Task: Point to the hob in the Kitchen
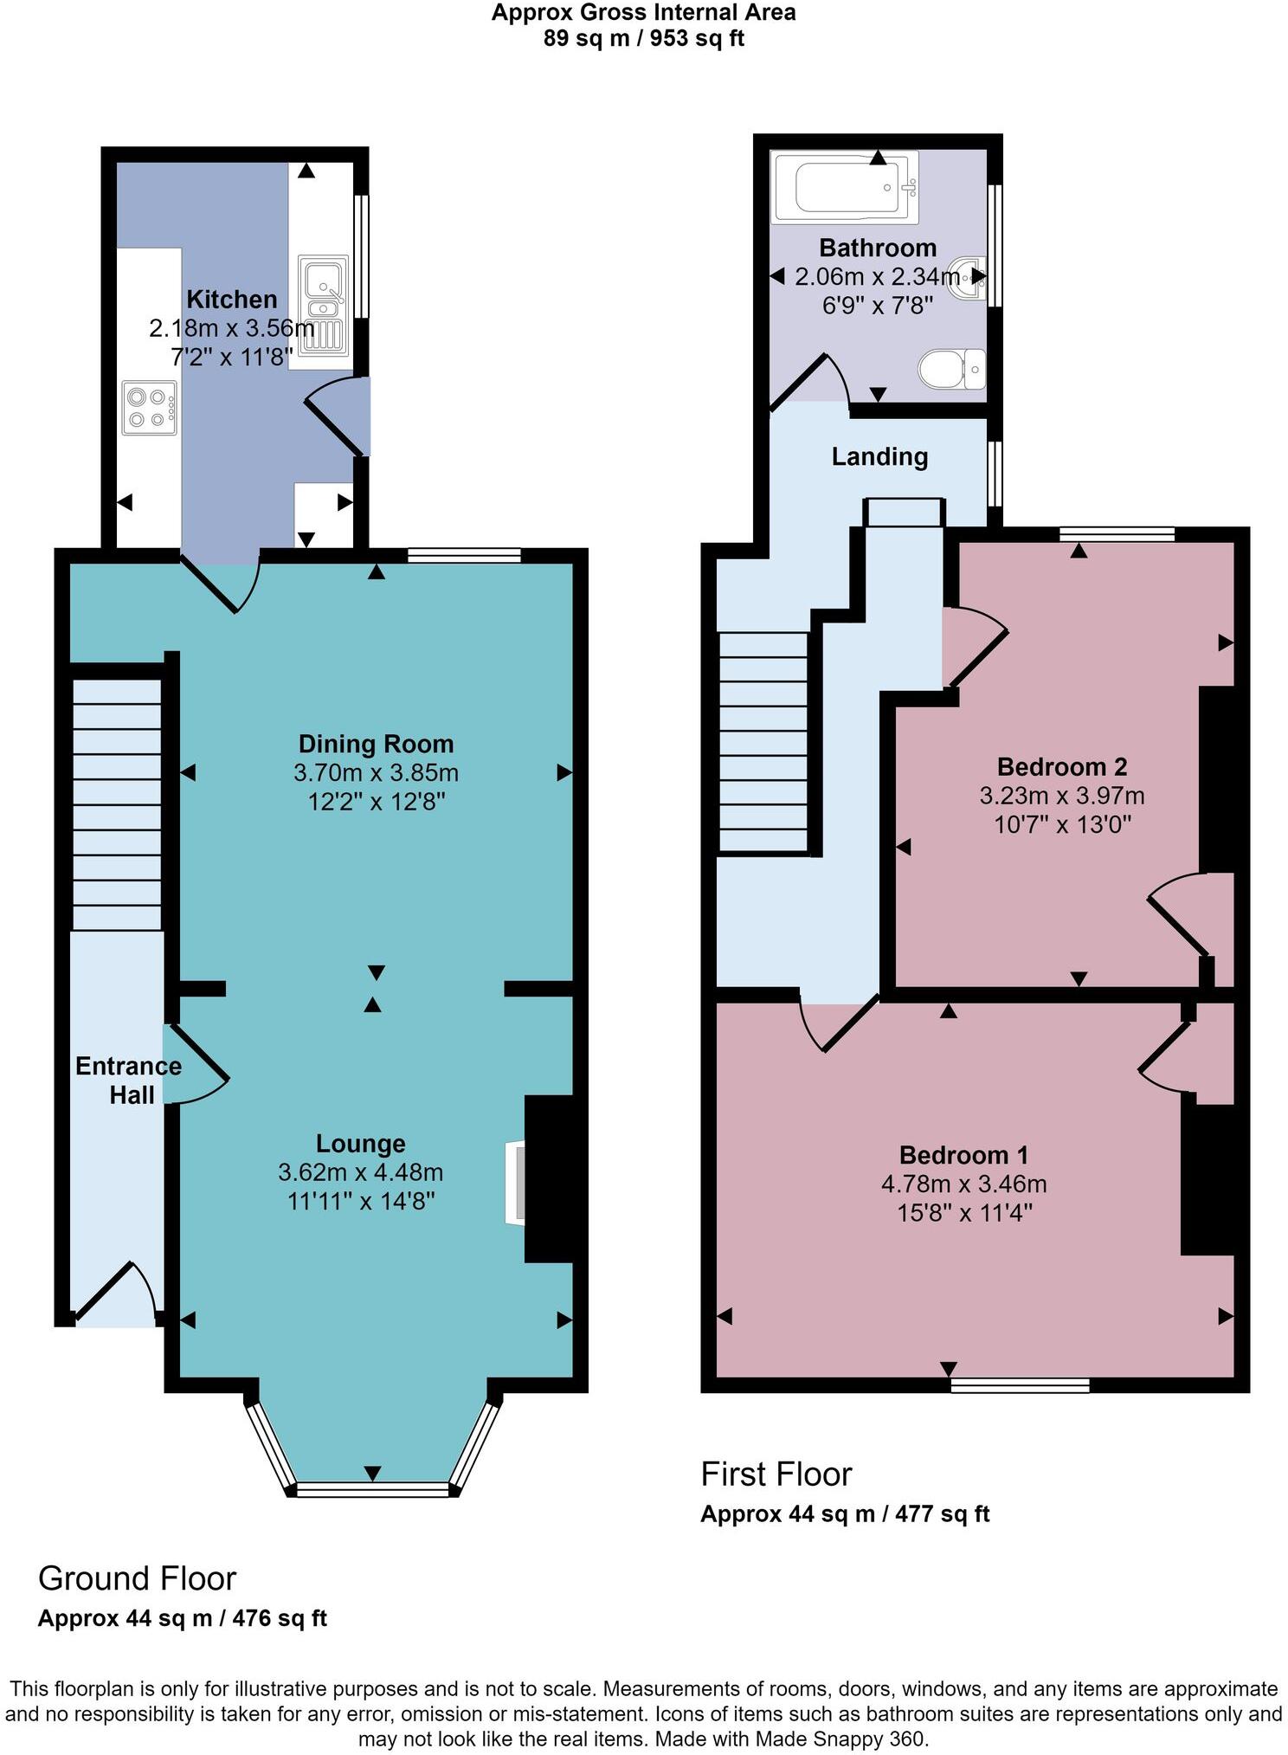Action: coord(149,409)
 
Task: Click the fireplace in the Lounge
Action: coord(516,1183)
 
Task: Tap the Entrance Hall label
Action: coord(129,1080)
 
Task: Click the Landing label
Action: coord(879,456)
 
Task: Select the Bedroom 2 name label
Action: coord(1061,766)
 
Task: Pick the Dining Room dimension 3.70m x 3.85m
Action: coord(376,772)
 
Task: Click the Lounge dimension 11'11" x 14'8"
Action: coord(360,1201)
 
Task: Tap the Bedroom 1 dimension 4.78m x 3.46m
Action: coord(963,1184)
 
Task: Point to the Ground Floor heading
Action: coord(137,1578)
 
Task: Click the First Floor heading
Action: coord(776,1474)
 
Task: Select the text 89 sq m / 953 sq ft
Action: coord(643,38)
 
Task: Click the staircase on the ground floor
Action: coord(117,804)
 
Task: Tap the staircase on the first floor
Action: coord(763,741)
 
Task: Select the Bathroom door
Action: coord(809,383)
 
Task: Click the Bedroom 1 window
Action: coord(1020,1385)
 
